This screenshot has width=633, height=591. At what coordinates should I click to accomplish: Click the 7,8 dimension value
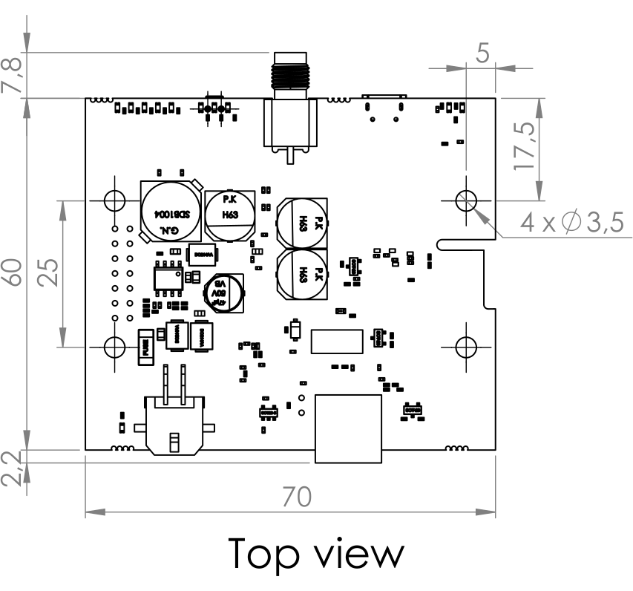click(x=14, y=75)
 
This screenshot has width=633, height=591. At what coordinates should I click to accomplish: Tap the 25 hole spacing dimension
click(x=50, y=272)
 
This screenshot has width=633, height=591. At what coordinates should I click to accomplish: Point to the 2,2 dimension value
click(x=14, y=468)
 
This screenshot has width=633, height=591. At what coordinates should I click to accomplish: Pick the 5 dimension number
click(x=485, y=54)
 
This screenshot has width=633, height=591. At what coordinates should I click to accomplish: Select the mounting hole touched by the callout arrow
click(x=466, y=199)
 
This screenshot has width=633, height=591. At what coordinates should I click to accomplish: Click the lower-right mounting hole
click(x=466, y=346)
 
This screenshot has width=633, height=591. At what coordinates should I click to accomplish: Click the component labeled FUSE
click(x=146, y=349)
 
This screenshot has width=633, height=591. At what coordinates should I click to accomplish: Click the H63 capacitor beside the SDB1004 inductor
click(x=230, y=212)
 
